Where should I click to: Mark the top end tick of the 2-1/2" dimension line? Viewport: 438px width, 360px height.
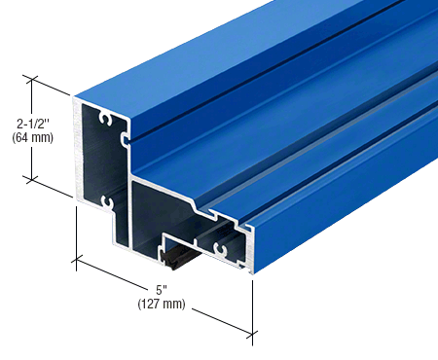tap(34, 79)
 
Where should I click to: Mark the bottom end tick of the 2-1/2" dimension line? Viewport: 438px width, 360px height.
tap(34, 181)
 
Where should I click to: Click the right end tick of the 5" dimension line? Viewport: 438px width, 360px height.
tap(253, 337)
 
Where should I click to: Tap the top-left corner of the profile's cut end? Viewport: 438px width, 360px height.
tap(76, 97)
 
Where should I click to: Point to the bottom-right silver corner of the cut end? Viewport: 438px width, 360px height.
tap(251, 271)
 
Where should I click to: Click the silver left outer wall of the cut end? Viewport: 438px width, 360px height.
tap(77, 165)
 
